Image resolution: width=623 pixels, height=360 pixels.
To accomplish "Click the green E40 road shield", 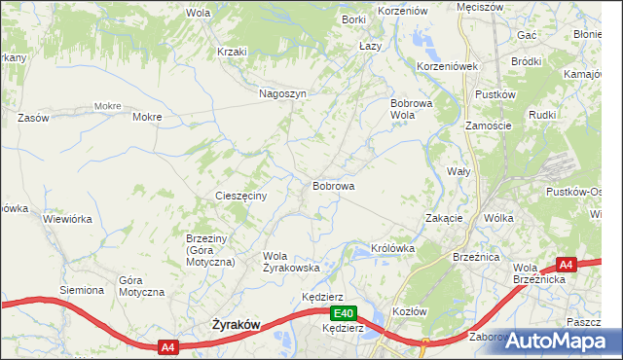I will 343,313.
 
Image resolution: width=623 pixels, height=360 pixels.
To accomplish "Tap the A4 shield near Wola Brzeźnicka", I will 567,264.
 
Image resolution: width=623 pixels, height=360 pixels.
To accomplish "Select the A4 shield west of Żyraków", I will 167,345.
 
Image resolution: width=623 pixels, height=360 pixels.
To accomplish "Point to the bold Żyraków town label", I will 237,328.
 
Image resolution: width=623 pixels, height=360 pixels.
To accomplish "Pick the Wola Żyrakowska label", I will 291,262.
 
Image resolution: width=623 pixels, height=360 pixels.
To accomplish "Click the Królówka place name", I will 393,248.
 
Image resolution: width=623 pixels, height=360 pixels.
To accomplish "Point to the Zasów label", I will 33,118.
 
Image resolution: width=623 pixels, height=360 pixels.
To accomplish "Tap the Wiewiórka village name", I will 67,219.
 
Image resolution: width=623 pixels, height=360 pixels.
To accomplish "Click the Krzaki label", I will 233,52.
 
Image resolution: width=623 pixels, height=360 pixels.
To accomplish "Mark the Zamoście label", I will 488,126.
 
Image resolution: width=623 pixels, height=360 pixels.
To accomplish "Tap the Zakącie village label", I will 444,218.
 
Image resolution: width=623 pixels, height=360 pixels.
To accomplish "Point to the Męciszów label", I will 480,7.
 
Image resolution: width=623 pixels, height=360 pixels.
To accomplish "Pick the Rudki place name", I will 542,114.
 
